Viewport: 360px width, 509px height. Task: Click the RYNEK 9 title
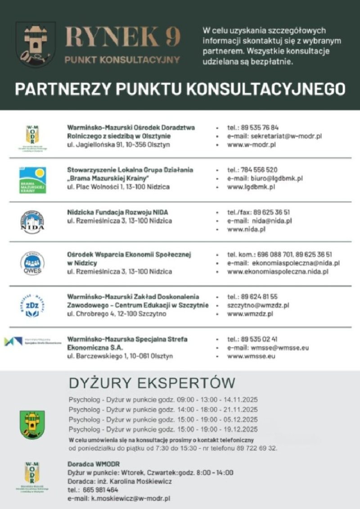tap(123, 37)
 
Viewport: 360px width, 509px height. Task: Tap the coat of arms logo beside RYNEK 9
tap(36, 44)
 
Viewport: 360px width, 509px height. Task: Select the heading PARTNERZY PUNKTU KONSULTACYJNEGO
tap(180, 89)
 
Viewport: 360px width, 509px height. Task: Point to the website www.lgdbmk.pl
tap(251, 187)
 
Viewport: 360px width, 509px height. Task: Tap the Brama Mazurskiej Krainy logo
tap(32, 180)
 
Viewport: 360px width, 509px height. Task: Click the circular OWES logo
tap(32, 264)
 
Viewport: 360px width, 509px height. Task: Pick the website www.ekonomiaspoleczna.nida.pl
tap(278, 271)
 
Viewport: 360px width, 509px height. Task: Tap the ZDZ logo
tap(32, 306)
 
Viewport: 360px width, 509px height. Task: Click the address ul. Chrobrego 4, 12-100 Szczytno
tap(117, 314)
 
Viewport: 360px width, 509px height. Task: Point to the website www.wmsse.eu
tap(251, 356)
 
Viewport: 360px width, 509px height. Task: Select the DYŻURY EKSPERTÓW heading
tap(152, 383)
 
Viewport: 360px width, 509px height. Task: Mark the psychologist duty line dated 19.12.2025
tap(163, 429)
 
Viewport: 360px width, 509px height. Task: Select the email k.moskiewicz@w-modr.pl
tap(130, 499)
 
